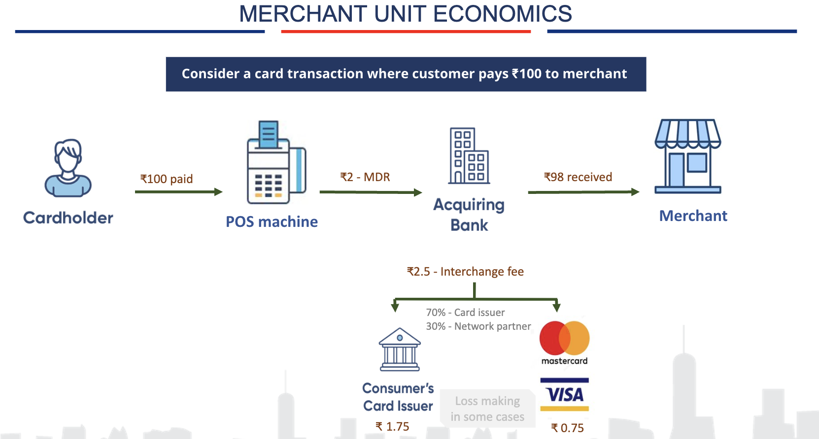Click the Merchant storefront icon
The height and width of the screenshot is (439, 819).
[688, 156]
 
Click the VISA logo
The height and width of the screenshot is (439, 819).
[565, 394]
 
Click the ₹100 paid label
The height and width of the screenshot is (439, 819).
[167, 179]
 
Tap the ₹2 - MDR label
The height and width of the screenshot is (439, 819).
[365, 177]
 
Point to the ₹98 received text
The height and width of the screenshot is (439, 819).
[578, 177]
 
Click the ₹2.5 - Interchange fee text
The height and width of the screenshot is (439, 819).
[465, 271]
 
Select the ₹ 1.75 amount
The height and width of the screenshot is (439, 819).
[392, 426]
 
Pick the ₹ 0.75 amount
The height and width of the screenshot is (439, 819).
[567, 428]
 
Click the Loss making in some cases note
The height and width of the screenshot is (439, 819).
[487, 409]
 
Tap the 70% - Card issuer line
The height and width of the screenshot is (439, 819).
[465, 313]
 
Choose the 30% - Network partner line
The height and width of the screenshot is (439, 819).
[478, 326]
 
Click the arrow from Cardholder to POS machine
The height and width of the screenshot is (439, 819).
[178, 191]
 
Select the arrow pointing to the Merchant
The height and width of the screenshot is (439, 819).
[583, 192]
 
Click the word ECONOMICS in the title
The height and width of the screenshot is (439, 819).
[502, 14]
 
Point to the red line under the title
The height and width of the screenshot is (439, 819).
[406, 31]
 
